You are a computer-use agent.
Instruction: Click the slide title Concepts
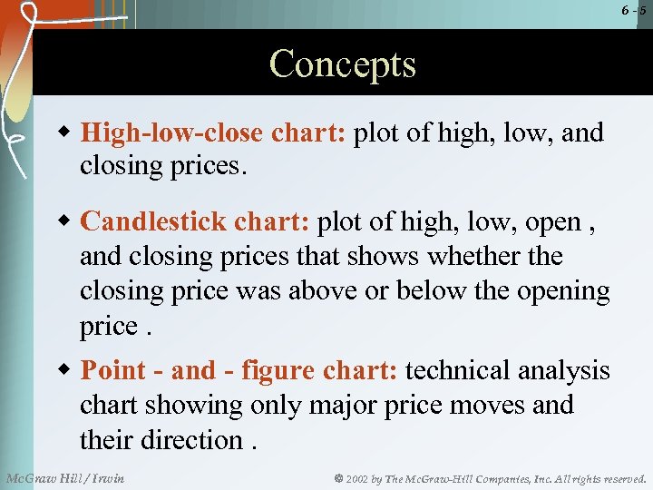coord(342,65)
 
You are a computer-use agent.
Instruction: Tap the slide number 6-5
coord(634,10)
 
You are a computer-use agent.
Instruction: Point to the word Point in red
coord(114,370)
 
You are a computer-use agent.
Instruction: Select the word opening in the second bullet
coord(562,291)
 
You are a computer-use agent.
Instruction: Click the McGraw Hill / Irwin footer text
coord(65,477)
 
